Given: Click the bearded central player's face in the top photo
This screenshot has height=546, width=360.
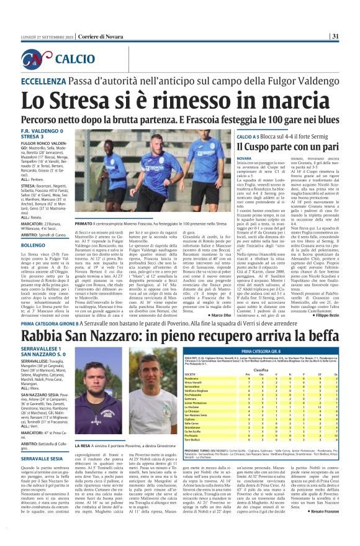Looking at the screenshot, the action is click(x=164, y=144).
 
